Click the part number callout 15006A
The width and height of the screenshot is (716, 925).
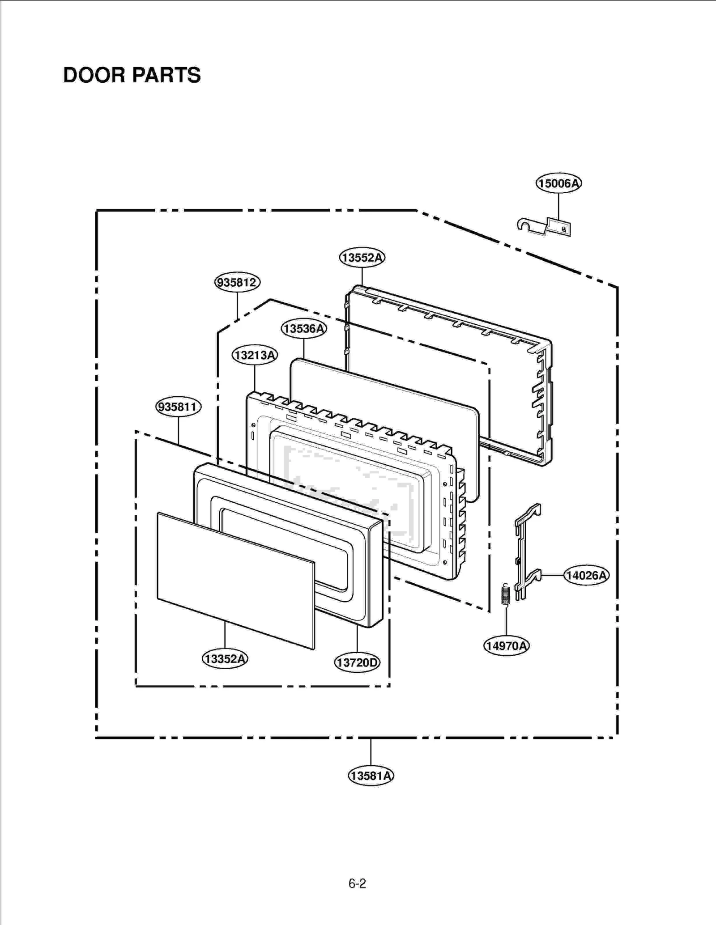pos(558,183)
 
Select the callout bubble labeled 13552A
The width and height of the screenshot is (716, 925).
pos(362,257)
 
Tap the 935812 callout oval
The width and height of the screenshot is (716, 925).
pos(237,282)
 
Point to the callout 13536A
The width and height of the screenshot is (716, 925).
pos(304,328)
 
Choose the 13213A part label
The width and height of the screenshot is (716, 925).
pos(255,355)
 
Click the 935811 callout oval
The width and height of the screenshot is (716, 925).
pos(178,407)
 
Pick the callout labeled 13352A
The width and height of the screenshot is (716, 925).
pos(225,658)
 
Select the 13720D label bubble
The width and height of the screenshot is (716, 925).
pos(357,662)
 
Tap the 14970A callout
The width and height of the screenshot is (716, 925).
pos(506,645)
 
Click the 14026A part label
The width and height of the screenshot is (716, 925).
pos(586,575)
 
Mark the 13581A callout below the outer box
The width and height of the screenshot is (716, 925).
pos(371,775)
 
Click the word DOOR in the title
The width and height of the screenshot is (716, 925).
pos(94,75)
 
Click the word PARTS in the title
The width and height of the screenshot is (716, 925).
pos(166,75)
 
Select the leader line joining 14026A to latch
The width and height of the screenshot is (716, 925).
pos(553,575)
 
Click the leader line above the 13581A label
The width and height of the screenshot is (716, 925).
pos(371,751)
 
